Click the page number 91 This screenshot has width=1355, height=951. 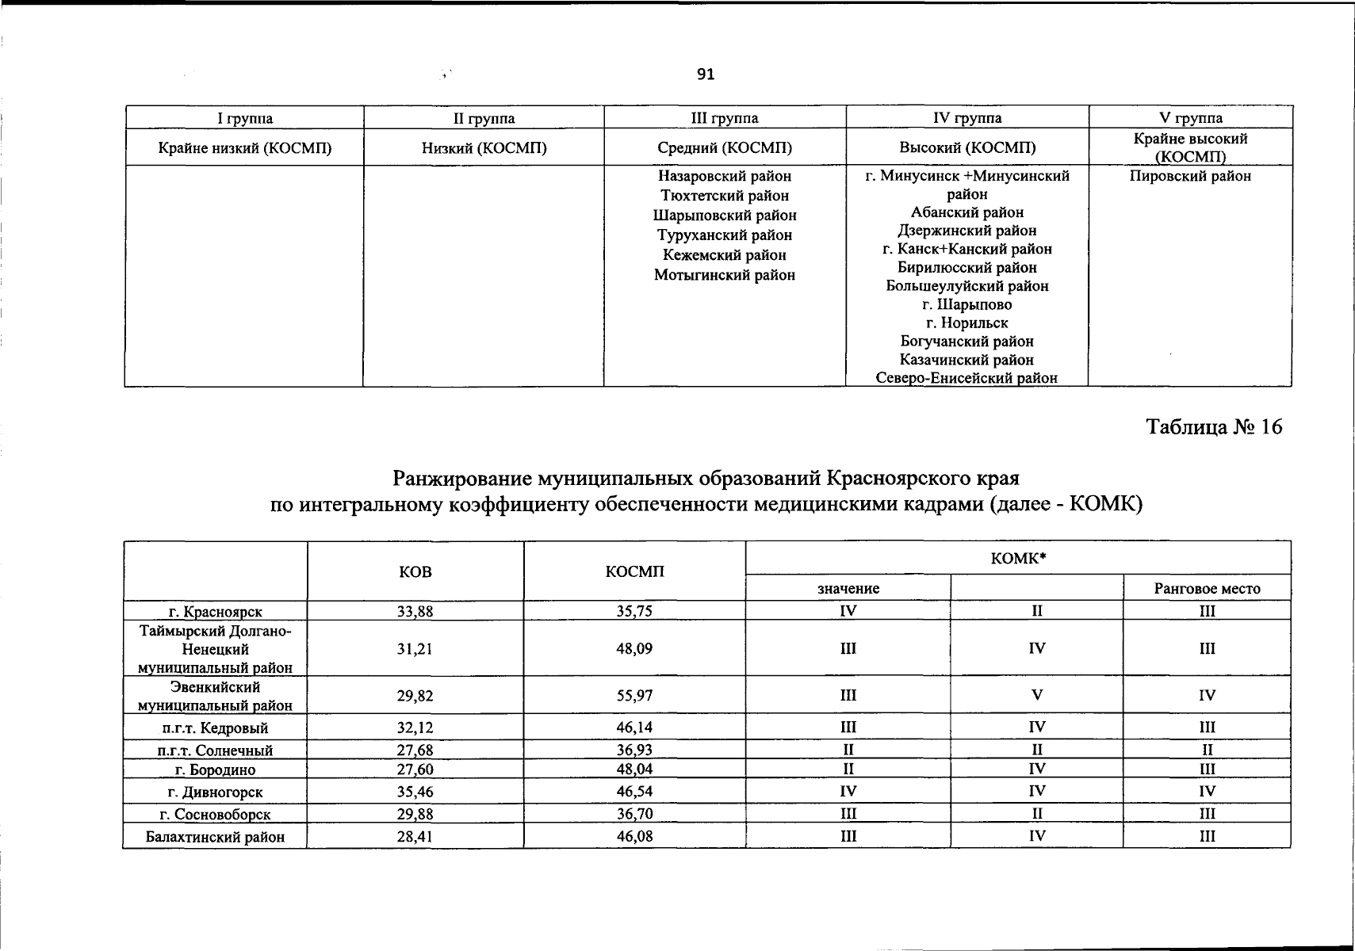706,74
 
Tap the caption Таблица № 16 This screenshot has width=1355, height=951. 1214,427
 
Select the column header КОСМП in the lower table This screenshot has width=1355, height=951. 634,571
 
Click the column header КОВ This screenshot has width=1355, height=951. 415,571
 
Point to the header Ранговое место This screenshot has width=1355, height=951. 1207,588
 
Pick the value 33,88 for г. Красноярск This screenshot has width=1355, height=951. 415,611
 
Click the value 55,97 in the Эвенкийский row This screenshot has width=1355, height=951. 634,696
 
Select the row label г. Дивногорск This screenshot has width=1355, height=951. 215,792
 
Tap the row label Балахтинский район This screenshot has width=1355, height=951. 215,836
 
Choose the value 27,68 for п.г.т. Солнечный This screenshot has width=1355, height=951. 415,750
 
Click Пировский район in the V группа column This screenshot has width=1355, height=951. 1190,176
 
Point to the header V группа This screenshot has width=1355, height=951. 1190,118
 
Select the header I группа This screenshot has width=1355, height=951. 245,118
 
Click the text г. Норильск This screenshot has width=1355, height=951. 966,323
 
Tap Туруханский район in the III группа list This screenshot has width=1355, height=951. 725,235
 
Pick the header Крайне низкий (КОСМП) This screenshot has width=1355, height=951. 245,147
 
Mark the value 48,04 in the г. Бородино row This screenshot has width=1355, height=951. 634,769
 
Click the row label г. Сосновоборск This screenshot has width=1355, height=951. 215,814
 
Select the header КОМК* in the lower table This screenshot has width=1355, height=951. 1018,558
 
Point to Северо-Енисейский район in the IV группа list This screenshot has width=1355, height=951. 966,378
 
